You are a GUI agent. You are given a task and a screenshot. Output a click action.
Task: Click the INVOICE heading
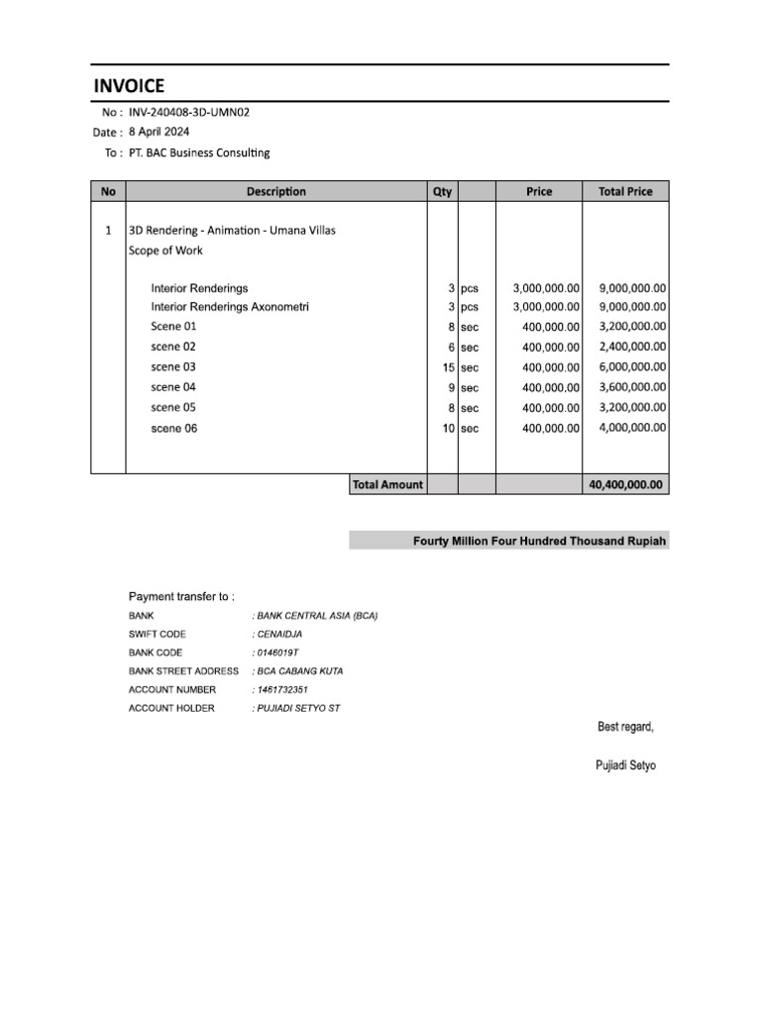click(x=129, y=86)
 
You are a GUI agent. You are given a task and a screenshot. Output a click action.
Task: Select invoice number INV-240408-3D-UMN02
click(x=189, y=112)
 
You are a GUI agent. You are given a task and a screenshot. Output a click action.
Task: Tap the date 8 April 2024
click(x=159, y=132)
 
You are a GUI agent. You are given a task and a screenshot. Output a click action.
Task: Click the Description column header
click(x=276, y=191)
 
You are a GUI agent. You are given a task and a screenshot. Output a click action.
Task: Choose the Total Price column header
click(x=625, y=191)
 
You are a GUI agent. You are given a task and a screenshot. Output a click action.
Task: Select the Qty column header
click(x=442, y=191)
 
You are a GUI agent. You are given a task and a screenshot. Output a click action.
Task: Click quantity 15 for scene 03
click(x=448, y=367)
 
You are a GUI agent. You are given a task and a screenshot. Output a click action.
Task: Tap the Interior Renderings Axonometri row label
click(x=230, y=307)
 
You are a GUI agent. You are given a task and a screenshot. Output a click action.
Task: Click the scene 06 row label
click(x=173, y=429)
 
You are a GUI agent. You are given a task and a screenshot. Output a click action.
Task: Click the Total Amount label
click(x=387, y=485)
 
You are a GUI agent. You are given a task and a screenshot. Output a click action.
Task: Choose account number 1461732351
click(x=282, y=690)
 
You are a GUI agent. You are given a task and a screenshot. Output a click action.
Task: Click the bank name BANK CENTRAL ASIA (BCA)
click(x=317, y=616)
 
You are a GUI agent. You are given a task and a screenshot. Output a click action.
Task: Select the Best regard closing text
click(x=625, y=728)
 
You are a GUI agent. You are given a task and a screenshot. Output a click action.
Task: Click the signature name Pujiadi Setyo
click(x=626, y=766)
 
